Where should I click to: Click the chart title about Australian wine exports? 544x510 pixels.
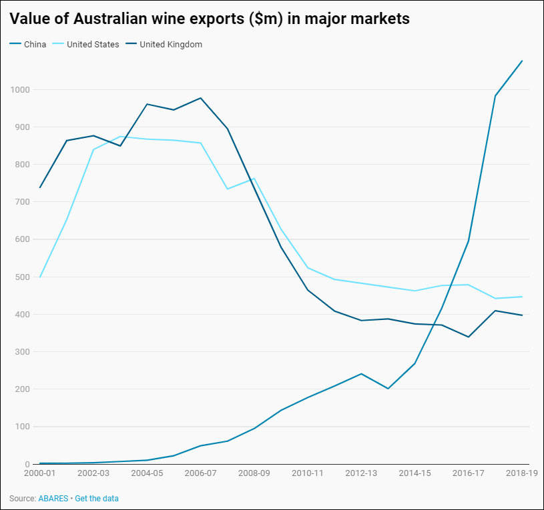point(209,19)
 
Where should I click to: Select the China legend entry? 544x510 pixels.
point(34,45)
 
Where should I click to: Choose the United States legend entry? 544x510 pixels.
point(93,45)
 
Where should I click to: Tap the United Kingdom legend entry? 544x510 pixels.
point(170,45)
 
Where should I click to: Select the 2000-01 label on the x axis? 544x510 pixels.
point(39,473)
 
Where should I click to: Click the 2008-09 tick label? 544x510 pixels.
point(254,473)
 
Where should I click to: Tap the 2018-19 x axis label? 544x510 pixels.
point(522,473)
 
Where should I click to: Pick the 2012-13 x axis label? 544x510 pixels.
point(361,473)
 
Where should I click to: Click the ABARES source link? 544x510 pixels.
point(53,498)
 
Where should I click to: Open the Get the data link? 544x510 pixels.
point(97,498)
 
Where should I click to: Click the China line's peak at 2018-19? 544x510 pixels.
point(522,61)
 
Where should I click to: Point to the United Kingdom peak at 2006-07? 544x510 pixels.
point(201,98)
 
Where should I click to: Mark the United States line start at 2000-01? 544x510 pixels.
point(40,277)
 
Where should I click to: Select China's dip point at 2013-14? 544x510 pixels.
point(388,389)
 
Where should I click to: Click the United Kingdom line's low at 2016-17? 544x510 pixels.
point(469,337)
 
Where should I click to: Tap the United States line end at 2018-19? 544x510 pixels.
point(522,297)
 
